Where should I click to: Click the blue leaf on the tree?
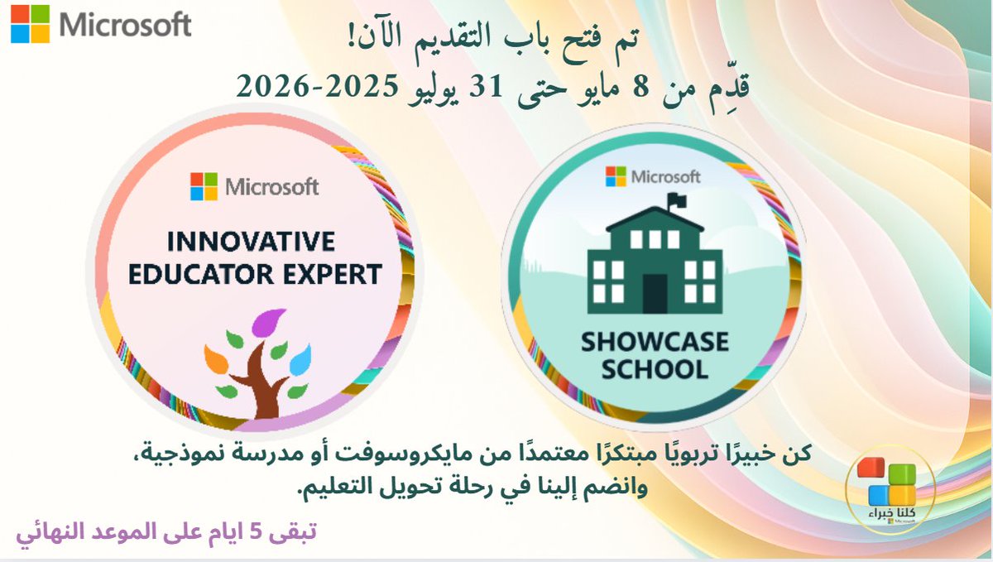click(x=300, y=358)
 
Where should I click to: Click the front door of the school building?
click(x=654, y=292)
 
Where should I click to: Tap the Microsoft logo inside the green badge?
click(x=653, y=176)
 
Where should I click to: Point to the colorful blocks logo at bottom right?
click(x=890, y=485)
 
